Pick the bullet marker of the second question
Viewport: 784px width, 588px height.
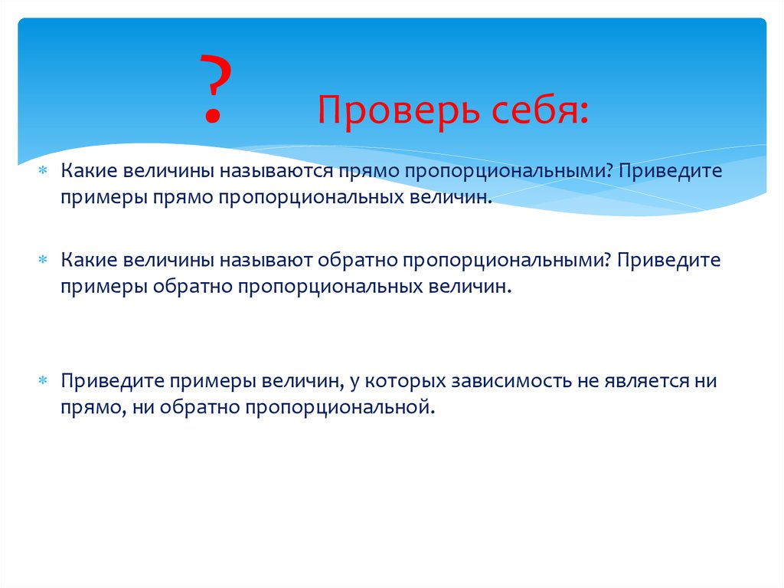coord(44,261)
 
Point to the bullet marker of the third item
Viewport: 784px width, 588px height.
coord(44,381)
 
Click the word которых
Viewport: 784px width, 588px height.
coord(403,381)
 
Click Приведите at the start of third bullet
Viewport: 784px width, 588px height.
coord(113,381)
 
